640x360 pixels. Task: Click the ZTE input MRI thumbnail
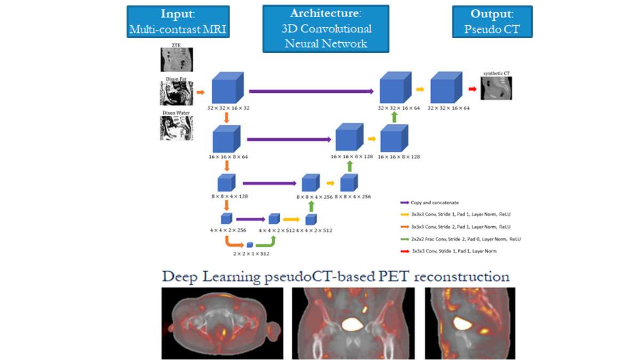(x=177, y=60)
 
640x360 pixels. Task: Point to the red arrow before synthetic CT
(x=472, y=89)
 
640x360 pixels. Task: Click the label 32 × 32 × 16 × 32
(x=228, y=108)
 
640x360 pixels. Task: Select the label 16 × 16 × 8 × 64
(x=228, y=157)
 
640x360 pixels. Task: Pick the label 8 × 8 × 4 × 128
(x=227, y=197)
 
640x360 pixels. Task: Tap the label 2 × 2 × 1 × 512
(x=251, y=254)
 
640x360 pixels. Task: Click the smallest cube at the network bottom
(x=250, y=245)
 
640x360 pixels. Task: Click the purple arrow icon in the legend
(x=404, y=203)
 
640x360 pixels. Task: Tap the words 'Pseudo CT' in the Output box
(x=492, y=29)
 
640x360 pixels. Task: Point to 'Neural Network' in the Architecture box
(x=326, y=44)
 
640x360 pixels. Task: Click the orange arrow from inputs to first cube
(x=201, y=92)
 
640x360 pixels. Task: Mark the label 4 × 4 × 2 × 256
(x=228, y=230)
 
